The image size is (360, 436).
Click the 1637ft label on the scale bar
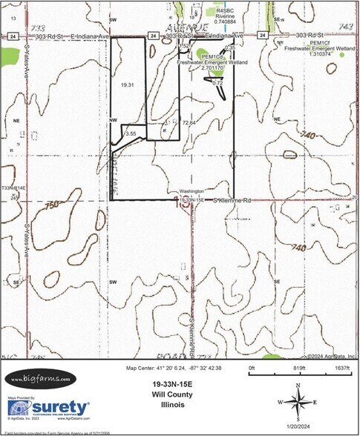341,367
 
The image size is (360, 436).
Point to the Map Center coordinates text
171,368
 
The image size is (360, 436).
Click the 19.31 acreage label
126,86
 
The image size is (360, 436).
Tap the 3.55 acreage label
131,133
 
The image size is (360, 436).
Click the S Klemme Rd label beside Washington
234,200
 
